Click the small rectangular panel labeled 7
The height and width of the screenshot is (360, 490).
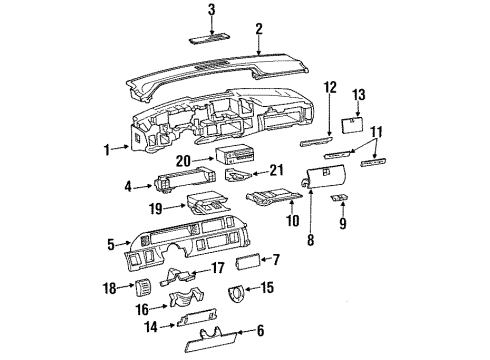tap(247, 263)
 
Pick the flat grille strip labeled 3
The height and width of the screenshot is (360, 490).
tap(211, 41)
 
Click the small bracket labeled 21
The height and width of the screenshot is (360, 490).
tap(238, 177)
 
